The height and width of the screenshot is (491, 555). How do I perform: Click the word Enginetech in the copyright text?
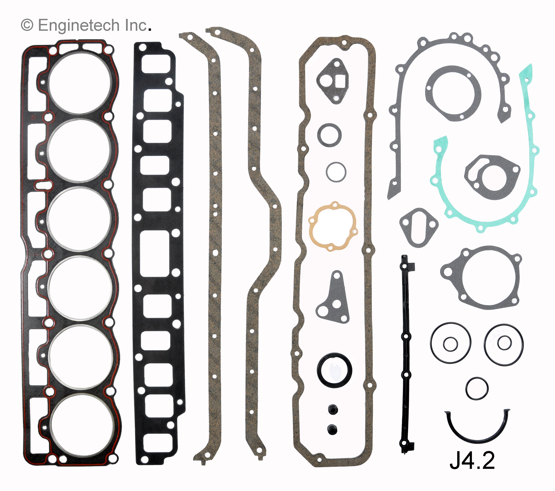coord(79,25)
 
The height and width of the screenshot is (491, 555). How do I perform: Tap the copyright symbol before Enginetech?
coord(27,25)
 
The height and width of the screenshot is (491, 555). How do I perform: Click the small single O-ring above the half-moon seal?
coord(477,388)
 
